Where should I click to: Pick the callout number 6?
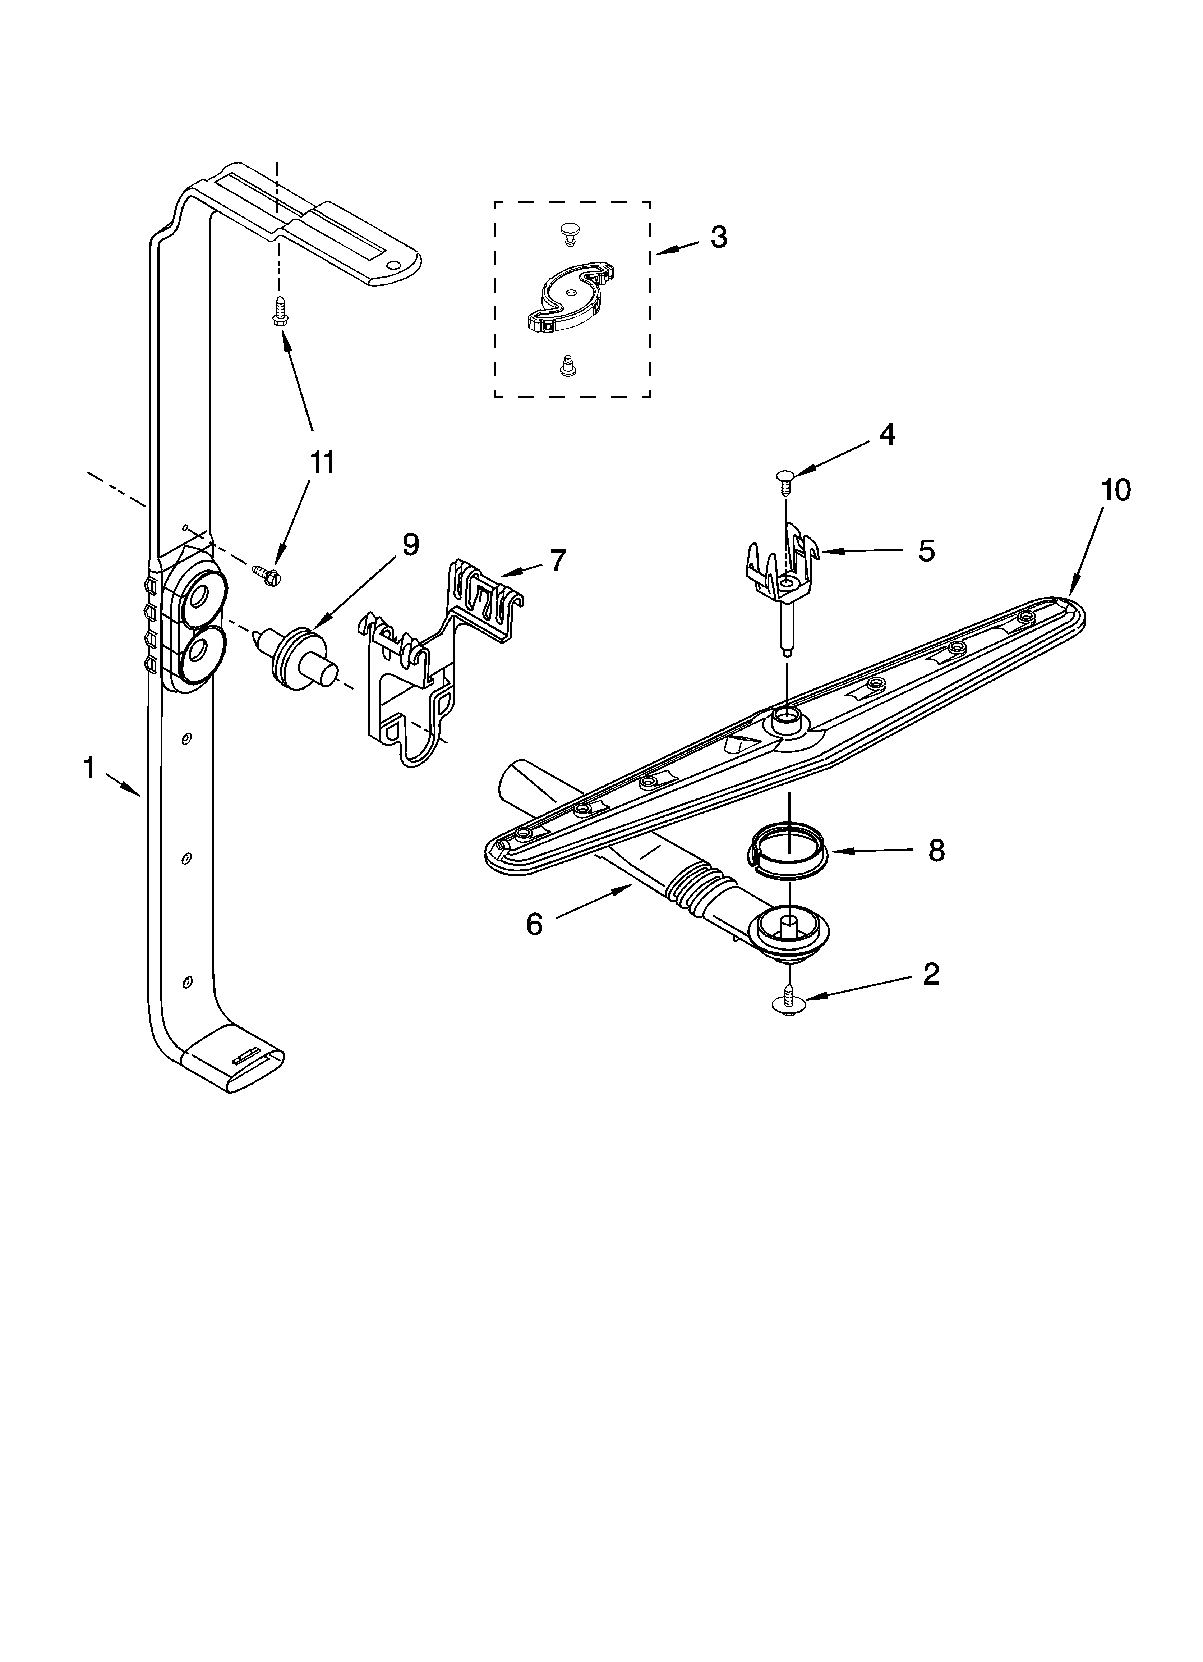[x=534, y=925]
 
